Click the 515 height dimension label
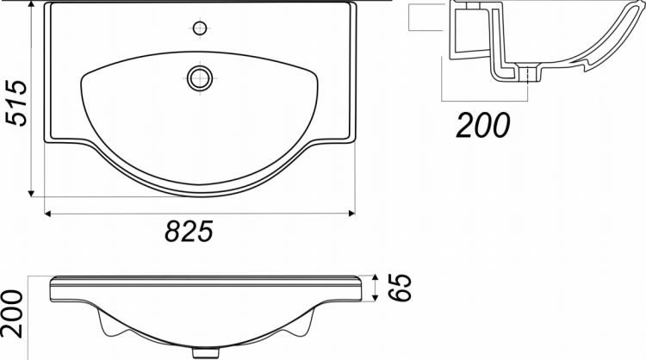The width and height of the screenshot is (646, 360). coord(16,103)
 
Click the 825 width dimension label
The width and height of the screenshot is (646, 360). coord(189,231)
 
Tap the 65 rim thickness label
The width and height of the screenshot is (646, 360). coord(400,287)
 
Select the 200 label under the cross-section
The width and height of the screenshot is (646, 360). coord(483,125)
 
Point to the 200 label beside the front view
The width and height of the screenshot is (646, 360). coord(11,313)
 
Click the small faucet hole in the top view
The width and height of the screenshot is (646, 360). coord(200,28)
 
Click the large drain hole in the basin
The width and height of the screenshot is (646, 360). coord(200,78)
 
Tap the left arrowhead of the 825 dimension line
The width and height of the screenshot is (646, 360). coord(47,214)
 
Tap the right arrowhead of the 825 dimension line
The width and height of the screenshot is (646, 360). coord(351,213)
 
